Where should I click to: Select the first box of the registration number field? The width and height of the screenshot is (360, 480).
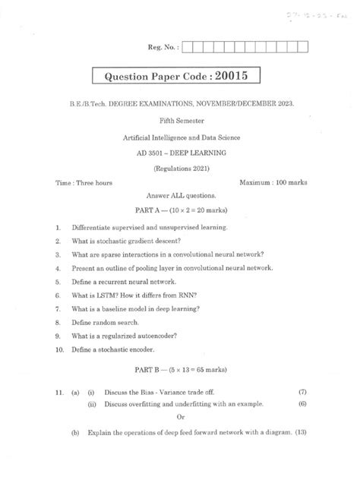point(188,49)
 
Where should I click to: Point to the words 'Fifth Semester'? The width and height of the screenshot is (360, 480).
point(181,120)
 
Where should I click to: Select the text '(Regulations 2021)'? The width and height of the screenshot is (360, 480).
point(180,169)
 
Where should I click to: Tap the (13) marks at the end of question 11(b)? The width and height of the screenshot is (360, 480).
point(302,453)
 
